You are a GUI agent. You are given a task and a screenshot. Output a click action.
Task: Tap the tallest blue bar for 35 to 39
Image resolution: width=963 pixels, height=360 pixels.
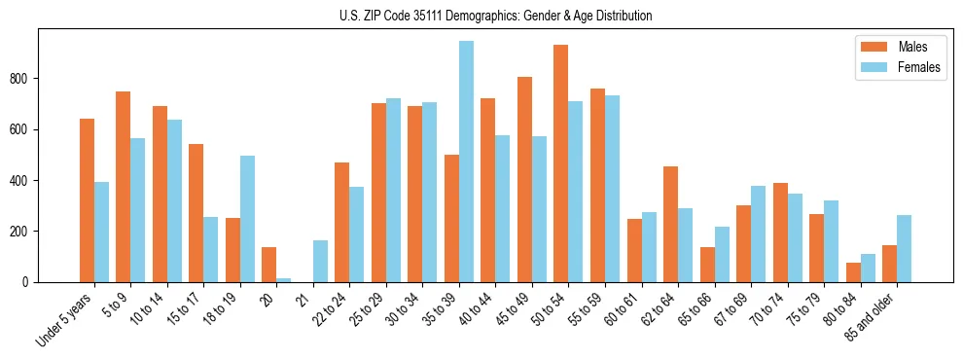(466, 162)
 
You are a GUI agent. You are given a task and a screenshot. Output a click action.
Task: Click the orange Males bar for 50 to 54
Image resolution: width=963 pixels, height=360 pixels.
(561, 163)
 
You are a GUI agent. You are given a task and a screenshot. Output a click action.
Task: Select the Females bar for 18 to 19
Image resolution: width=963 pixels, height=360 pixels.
(247, 219)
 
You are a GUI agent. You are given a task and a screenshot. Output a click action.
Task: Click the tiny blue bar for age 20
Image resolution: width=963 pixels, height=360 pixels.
(284, 280)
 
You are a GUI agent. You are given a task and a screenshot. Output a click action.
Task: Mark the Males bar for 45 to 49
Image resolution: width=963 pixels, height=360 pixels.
(524, 179)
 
